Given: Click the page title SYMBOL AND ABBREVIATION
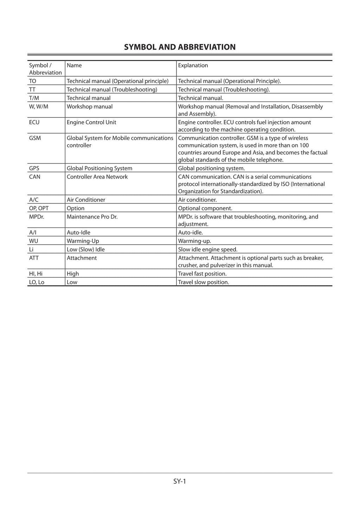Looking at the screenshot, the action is pos(180,47).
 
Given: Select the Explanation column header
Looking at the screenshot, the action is pos(193,65).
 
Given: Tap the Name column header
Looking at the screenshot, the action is pos(74,65).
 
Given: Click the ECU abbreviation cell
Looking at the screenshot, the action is pos(34,122).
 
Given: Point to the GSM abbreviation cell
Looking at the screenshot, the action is pos(35,138).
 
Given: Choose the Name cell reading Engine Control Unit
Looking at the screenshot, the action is pos(91,122).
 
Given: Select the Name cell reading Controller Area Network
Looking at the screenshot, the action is pos(97,177).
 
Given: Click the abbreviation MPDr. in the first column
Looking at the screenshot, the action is pos(37,217).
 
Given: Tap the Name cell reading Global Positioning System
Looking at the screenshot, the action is pos(99,168).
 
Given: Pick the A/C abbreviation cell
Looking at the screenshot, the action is pos(34,200).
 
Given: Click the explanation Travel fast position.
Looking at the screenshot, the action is pos(202,274).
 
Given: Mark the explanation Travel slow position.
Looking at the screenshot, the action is pos(203,282).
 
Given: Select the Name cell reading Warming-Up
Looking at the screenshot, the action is pos(83,241).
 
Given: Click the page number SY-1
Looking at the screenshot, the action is pos(179,481).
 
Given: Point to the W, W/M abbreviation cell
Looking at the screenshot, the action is pos(39,107).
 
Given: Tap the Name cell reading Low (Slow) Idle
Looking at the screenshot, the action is pos(86,249).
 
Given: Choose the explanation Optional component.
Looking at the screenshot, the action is pos(205,208).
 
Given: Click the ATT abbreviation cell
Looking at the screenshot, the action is pos(34,258).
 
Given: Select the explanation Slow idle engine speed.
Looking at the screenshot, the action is pos(207,249).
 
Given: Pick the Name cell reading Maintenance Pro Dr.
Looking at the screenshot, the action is pos(92,217).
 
